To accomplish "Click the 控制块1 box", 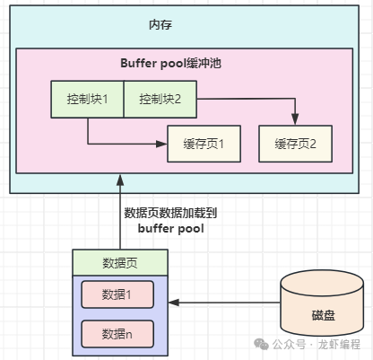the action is click(x=87, y=99).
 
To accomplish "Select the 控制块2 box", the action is click(x=160, y=99).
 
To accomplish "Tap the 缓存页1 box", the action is click(x=204, y=144).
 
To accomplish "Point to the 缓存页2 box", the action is click(x=295, y=144).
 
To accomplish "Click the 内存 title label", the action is click(x=160, y=24).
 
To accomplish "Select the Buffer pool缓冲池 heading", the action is click(x=170, y=63).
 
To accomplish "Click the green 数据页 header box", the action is click(x=120, y=263).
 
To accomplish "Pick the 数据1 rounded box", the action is click(x=117, y=294).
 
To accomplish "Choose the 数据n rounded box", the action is click(x=117, y=334).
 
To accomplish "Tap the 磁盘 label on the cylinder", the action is click(x=324, y=315).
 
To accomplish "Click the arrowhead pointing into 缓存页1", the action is click(x=161, y=144).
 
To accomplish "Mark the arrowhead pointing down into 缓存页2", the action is click(x=295, y=119).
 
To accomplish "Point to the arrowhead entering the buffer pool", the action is click(x=120, y=180).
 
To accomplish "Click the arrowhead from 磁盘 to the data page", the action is click(x=174, y=303).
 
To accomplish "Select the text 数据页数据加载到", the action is click(x=170, y=213).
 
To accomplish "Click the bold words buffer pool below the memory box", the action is click(x=171, y=229).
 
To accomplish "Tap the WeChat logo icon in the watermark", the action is click(x=261, y=344).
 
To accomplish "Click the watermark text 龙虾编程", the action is click(x=339, y=345).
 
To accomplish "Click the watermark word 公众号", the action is click(x=289, y=345).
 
